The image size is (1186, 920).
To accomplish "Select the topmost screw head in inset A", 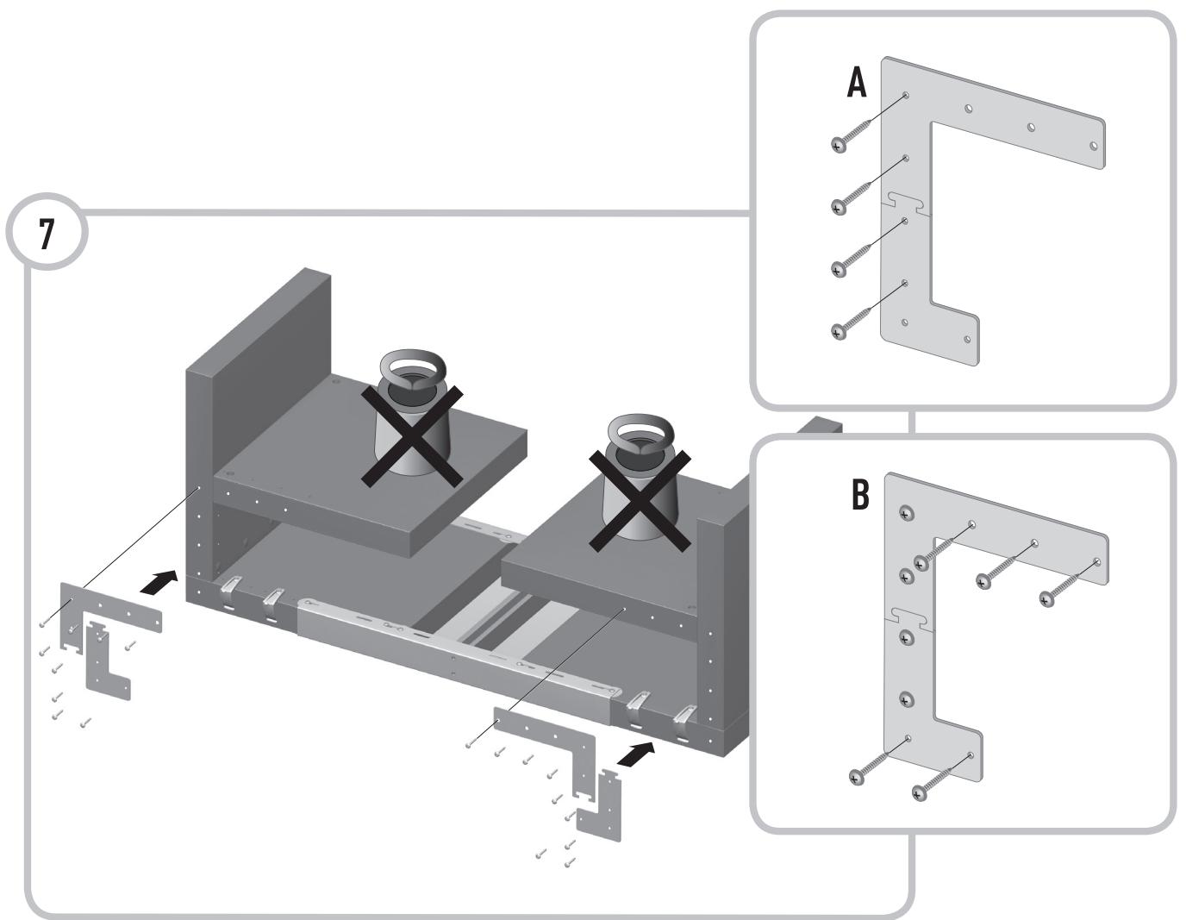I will tap(839, 145).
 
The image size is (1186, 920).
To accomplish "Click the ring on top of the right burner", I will tap(639, 431).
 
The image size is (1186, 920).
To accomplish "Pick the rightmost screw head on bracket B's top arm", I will tap(1047, 597).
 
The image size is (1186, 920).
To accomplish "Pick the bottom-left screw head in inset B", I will tap(855, 778).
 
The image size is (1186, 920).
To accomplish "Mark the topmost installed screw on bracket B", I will tap(904, 513).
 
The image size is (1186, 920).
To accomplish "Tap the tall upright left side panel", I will tap(254, 345).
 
